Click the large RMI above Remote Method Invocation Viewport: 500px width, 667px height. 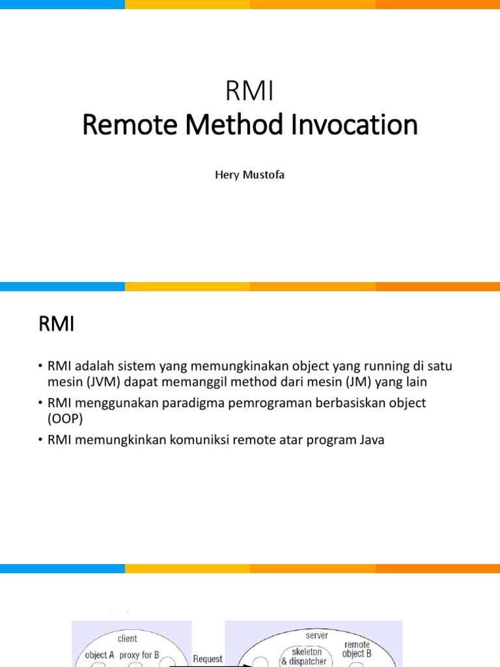coord(250,92)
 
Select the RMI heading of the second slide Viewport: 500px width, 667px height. coord(57,324)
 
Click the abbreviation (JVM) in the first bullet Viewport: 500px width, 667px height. coord(98,382)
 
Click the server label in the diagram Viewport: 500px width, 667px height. coord(317,635)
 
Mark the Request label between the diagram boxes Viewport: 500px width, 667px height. coord(208,659)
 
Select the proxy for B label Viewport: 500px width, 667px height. coord(139,655)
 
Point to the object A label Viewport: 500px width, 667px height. coord(100,655)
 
